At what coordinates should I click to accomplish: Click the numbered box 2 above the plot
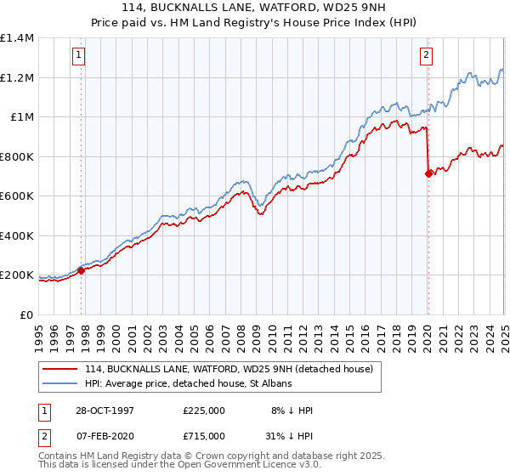[426, 56]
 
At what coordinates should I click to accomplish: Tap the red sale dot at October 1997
[82, 271]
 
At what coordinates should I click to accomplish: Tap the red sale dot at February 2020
[428, 173]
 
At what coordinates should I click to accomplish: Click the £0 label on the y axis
[26, 314]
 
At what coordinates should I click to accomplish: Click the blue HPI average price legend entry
[188, 384]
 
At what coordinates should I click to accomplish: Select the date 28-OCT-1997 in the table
[105, 411]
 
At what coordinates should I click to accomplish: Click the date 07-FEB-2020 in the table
[105, 436]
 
